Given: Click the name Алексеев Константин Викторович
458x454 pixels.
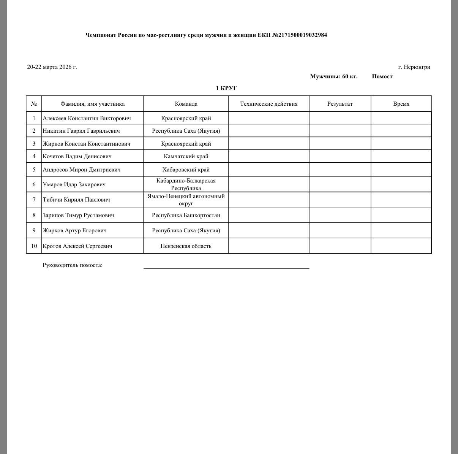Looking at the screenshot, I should [87, 118].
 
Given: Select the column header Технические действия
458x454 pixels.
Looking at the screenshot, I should [268, 104].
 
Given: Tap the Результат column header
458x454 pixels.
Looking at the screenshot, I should [340, 104].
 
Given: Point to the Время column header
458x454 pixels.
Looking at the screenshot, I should [401, 104].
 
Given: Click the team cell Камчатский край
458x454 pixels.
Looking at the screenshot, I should [186, 156].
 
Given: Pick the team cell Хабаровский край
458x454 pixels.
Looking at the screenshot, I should [186, 170].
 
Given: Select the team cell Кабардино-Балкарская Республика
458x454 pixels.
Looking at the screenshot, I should [186, 184].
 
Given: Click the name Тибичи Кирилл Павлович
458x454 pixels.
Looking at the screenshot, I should [76, 200].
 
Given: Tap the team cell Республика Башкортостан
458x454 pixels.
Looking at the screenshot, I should [186, 215].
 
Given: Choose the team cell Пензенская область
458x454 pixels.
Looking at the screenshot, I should [186, 246].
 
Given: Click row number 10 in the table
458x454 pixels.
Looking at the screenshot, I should [34, 246].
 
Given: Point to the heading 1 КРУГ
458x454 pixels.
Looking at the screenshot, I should [226, 88].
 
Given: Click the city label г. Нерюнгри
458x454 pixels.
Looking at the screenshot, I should [414, 67].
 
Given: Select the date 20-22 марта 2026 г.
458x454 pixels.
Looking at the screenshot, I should [52, 67].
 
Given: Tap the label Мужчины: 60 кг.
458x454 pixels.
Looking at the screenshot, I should [333, 76].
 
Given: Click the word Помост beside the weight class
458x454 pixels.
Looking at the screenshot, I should [382, 76].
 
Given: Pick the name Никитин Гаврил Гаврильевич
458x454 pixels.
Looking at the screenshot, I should [81, 131].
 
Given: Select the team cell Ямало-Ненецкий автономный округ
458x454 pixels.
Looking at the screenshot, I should [186, 200].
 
